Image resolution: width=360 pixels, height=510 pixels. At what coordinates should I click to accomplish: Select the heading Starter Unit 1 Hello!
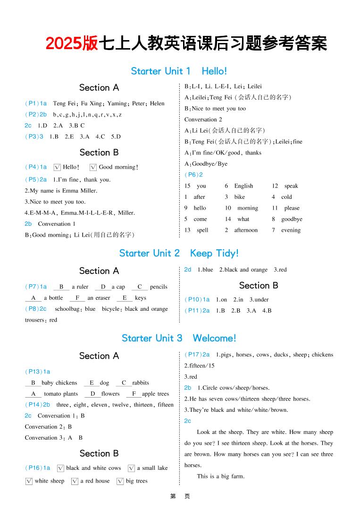(x=179, y=71)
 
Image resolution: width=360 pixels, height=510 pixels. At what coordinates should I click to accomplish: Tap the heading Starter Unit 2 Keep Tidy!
(x=179, y=253)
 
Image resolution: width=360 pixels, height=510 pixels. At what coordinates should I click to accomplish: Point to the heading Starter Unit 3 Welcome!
(x=179, y=338)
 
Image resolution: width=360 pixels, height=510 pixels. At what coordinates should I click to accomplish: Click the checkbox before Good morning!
(x=93, y=167)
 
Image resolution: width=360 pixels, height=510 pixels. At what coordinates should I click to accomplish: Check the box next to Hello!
(x=58, y=167)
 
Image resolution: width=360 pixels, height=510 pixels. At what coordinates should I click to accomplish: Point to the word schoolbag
(x=68, y=309)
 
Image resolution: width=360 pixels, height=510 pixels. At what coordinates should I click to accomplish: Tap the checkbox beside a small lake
(x=131, y=468)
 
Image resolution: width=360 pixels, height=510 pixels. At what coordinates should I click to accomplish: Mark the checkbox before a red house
(x=75, y=481)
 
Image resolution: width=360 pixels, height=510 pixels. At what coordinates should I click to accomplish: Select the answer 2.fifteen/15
(x=199, y=365)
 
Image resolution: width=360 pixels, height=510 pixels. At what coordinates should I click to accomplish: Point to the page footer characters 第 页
(x=180, y=496)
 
